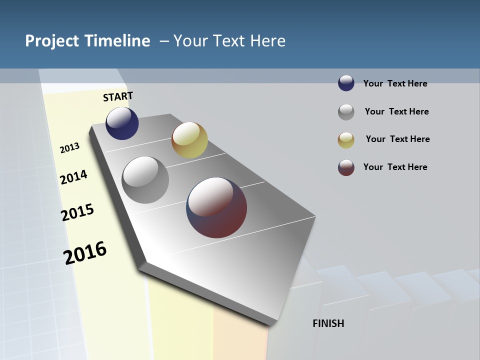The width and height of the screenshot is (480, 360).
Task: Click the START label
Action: click(118, 96)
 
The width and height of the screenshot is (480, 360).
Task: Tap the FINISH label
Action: click(328, 323)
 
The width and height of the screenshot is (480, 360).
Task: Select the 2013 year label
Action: click(69, 148)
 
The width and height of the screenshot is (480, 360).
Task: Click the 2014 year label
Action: click(73, 177)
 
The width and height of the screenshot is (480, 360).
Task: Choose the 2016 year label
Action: click(85, 253)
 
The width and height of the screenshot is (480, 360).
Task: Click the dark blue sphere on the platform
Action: click(122, 123)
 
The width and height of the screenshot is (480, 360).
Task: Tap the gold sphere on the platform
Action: click(189, 140)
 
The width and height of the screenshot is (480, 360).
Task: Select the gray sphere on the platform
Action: click(145, 180)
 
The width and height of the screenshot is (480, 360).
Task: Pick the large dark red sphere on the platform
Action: click(216, 207)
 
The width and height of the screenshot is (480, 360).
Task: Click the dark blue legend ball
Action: click(346, 83)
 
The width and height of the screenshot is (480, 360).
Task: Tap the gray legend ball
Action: click(346, 112)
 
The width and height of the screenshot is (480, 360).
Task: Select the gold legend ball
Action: click(346, 140)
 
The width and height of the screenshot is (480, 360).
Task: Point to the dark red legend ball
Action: click(346, 167)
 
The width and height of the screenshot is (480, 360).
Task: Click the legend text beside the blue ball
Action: click(395, 83)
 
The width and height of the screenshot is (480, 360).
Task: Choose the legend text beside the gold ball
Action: click(397, 139)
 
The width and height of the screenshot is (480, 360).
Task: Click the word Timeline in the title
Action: click(117, 41)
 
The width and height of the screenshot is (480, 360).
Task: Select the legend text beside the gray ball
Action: click(396, 111)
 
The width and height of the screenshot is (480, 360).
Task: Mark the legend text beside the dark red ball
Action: click(395, 167)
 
